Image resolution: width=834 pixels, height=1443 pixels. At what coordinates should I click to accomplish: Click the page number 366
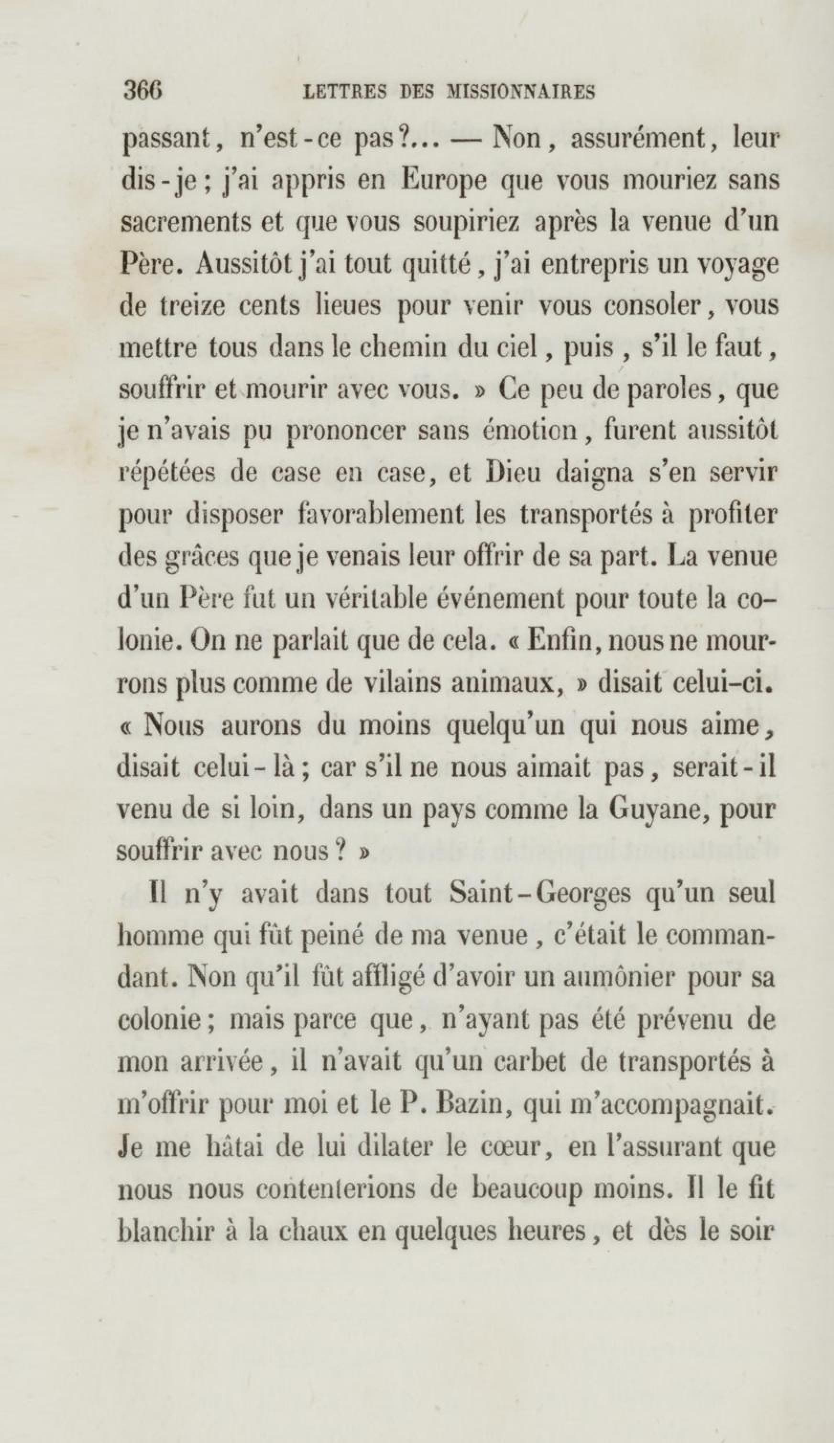coord(143,91)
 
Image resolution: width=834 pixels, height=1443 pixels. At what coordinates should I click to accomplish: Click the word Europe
coord(444,181)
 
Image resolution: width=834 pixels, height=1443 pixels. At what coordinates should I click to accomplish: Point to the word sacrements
coord(186,223)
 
